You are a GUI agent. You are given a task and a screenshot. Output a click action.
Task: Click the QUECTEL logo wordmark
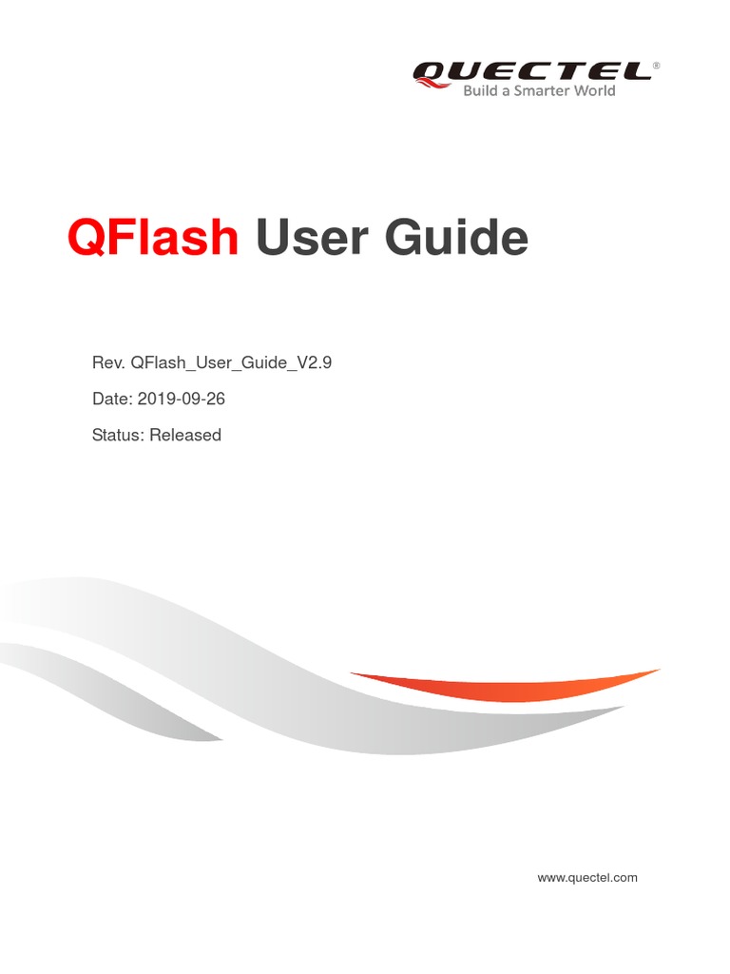click(x=531, y=70)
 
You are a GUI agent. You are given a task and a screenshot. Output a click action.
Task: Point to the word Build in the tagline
click(x=480, y=91)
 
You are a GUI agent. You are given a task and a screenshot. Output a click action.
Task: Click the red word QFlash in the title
click(x=153, y=238)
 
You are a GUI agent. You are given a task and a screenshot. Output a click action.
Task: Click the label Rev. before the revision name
click(x=108, y=362)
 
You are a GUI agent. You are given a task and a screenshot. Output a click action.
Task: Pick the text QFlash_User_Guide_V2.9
click(x=231, y=362)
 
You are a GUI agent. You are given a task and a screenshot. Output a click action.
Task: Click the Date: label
click(x=112, y=399)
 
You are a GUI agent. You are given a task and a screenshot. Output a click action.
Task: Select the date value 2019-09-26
click(x=182, y=399)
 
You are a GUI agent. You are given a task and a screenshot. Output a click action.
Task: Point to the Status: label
click(x=118, y=435)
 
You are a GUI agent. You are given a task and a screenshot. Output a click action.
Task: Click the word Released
click(x=185, y=435)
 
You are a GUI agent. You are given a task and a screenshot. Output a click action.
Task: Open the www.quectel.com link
click(x=587, y=877)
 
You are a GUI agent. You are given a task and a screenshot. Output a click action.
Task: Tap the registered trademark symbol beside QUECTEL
click(x=656, y=66)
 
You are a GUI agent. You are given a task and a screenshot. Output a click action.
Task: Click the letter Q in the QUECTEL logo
click(x=430, y=71)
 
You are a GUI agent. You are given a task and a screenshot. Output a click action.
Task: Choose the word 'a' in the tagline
click(x=508, y=91)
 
